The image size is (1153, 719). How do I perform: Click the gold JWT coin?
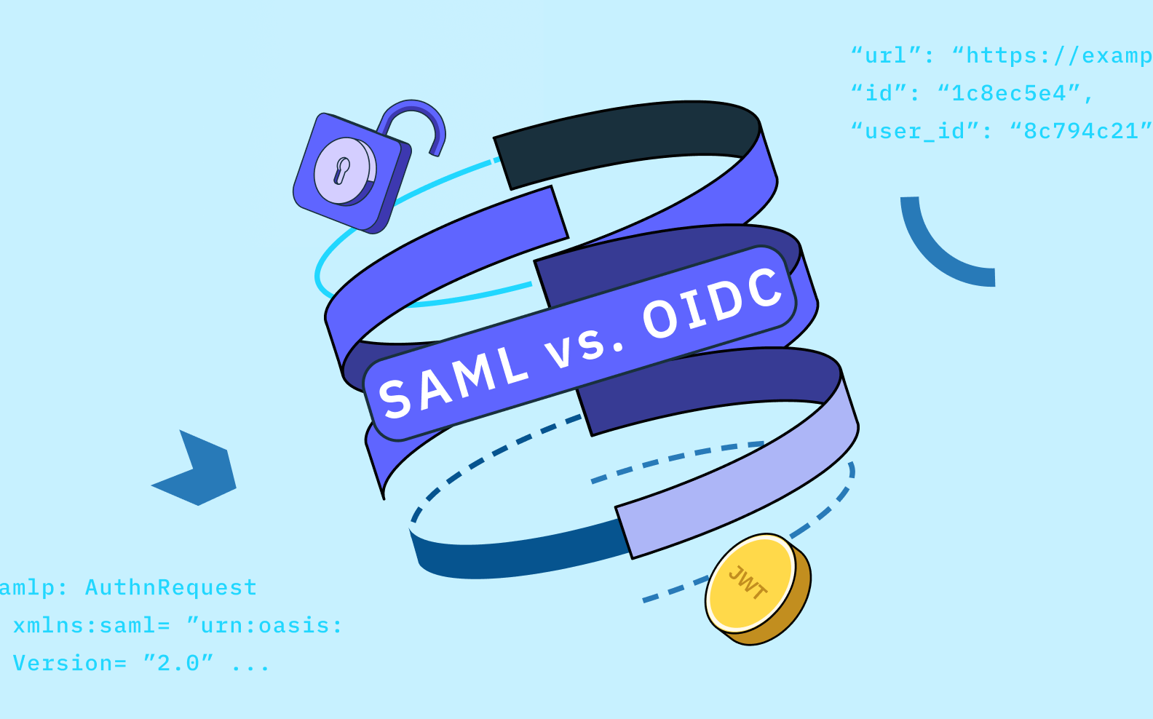click(x=758, y=589)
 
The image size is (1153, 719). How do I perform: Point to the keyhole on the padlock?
click(x=342, y=170)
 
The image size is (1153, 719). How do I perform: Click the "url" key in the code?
click(x=885, y=55)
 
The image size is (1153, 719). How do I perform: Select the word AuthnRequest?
click(x=171, y=588)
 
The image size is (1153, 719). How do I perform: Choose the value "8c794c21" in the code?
click(x=1081, y=131)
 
